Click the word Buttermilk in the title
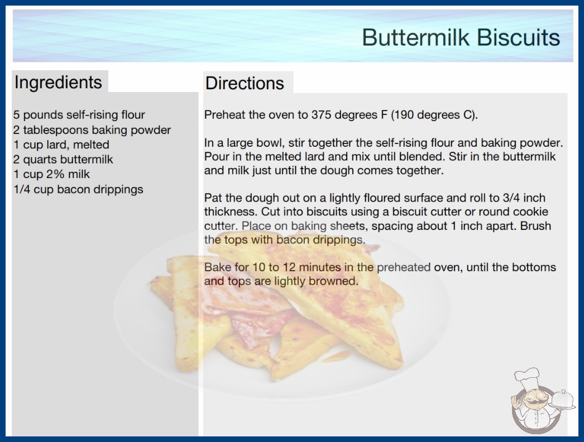[415, 37]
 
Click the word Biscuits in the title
[519, 37]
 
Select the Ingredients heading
[58, 83]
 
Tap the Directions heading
[245, 83]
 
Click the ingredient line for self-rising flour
[79, 115]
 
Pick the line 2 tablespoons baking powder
[92, 130]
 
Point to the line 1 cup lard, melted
[61, 145]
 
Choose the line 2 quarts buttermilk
[63, 160]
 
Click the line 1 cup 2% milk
[52, 174]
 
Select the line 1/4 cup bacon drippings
[78, 189]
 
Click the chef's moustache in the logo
[533, 402]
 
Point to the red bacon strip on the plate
[257, 320]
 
